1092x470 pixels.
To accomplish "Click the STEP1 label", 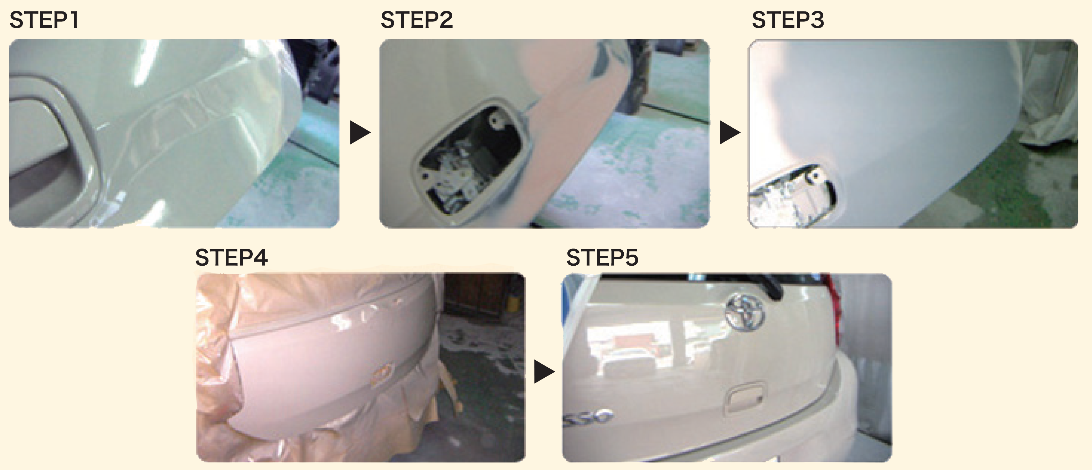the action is pos(44,20).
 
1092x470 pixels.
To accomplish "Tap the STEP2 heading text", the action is pos(417,20).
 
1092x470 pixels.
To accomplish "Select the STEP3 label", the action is pos(788,20).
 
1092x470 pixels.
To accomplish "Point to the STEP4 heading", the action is pos(231,257).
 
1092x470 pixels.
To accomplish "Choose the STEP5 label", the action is pos(602,257).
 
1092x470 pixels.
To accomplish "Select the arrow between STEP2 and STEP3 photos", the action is pos(730,132).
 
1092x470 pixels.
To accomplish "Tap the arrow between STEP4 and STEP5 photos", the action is pos(544,372).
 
